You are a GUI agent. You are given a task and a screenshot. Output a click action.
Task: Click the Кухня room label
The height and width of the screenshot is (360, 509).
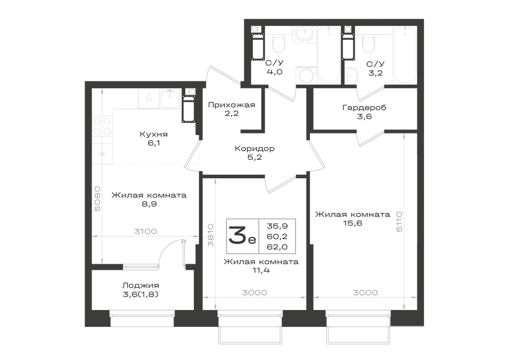[154, 134]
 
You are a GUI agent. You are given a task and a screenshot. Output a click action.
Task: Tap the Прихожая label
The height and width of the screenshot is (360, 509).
[232, 105]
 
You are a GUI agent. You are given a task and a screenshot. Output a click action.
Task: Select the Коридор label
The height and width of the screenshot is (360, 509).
[254, 149]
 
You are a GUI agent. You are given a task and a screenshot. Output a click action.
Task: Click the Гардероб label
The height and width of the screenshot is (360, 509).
[364, 107]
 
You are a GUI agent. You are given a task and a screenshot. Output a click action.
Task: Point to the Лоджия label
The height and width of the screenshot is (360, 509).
[140, 286]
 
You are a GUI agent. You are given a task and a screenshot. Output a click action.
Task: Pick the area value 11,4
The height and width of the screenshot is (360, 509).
[261, 270]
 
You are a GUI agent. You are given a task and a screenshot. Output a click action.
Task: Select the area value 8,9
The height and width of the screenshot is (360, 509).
[149, 204]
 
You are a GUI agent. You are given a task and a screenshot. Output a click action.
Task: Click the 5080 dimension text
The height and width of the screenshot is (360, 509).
[97, 199]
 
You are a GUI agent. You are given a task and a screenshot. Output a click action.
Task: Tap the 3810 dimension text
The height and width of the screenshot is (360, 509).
[211, 235]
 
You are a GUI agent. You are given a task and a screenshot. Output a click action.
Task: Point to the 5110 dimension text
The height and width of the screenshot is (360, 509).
[399, 221]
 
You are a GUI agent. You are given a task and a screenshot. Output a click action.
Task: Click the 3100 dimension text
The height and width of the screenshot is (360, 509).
[146, 232]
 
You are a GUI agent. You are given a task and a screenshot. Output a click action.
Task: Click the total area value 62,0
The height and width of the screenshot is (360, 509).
[277, 247]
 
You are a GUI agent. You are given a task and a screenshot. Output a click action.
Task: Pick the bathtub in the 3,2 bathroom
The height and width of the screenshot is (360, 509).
[405, 55]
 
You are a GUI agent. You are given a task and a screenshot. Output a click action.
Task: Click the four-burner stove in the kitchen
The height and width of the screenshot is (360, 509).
[102, 126]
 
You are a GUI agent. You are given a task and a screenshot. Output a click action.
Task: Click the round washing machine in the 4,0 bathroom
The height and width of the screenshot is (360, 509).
[306, 76]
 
